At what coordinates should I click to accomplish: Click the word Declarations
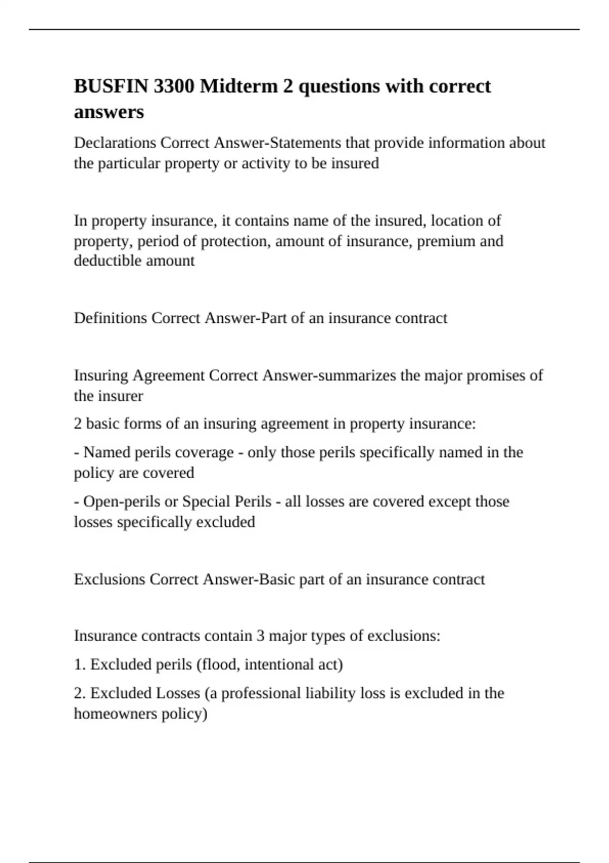115,143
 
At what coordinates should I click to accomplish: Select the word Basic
277,579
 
